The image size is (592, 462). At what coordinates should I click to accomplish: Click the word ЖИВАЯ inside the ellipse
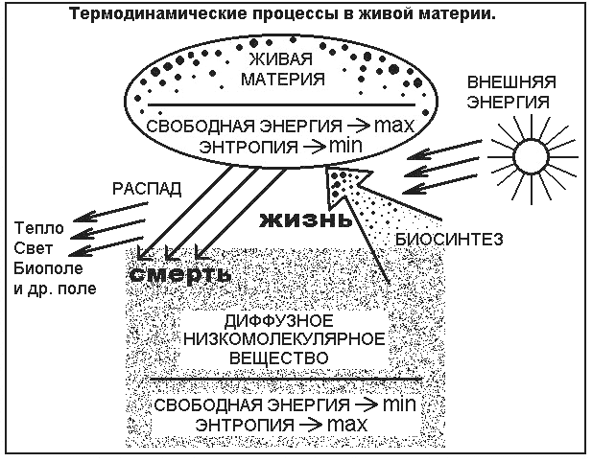point(289,57)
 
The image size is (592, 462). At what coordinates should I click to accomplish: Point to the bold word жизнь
point(298,219)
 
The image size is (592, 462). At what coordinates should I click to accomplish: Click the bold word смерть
point(182,273)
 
